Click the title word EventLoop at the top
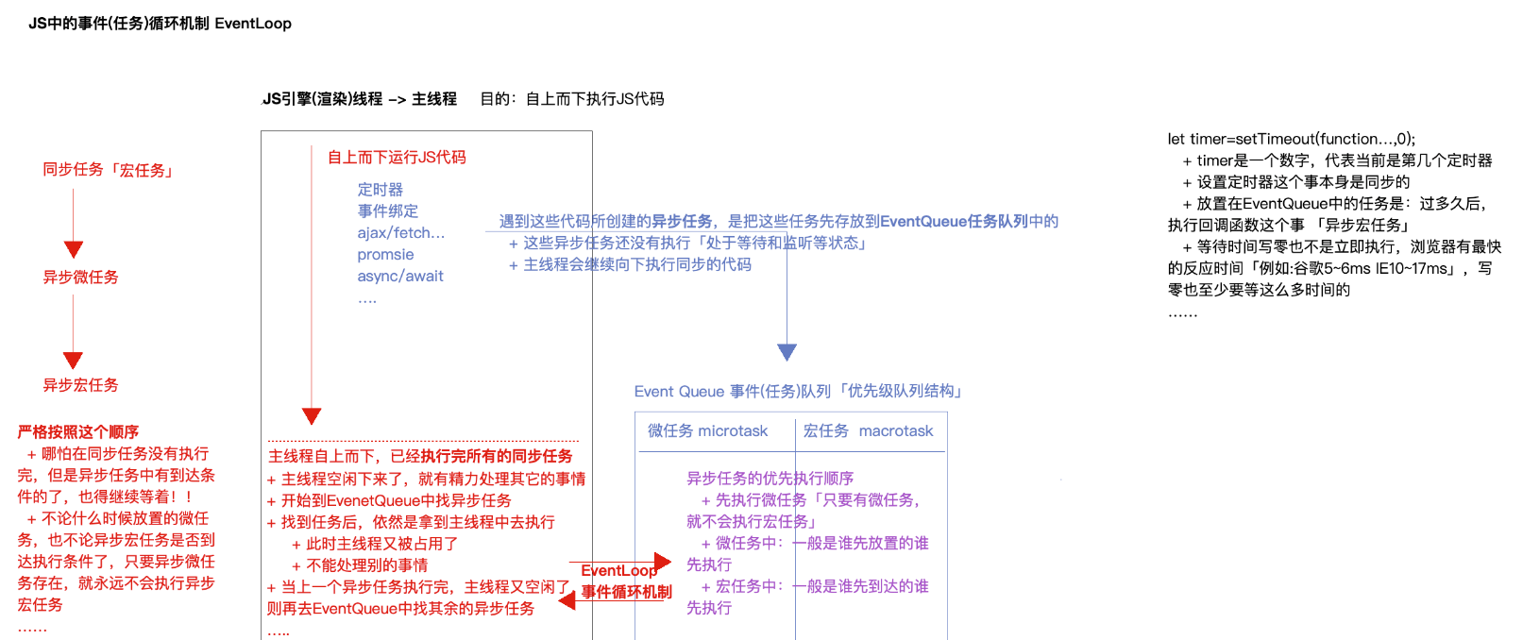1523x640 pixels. (x=252, y=24)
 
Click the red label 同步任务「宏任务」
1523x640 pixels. (x=109, y=170)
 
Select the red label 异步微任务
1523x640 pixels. (x=80, y=278)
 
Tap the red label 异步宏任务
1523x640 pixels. (x=80, y=385)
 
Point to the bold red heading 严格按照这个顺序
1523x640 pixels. (x=77, y=432)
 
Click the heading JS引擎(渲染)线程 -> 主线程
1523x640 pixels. (x=359, y=99)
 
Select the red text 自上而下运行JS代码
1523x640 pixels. (x=397, y=158)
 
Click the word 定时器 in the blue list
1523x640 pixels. (x=380, y=190)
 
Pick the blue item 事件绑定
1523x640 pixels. (x=387, y=211)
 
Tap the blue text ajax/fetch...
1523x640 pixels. (x=400, y=233)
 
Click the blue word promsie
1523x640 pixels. (x=385, y=255)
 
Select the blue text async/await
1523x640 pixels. (x=400, y=277)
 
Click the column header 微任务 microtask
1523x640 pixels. (x=707, y=431)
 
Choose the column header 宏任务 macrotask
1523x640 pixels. (x=868, y=431)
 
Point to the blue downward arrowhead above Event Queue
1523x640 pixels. (x=787, y=352)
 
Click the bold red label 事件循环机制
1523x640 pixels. (x=626, y=592)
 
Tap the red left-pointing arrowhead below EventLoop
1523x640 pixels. (x=567, y=600)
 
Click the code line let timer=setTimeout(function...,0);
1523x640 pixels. (x=1291, y=139)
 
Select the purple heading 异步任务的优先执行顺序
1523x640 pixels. (x=770, y=479)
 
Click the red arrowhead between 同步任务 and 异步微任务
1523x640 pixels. (x=74, y=249)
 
